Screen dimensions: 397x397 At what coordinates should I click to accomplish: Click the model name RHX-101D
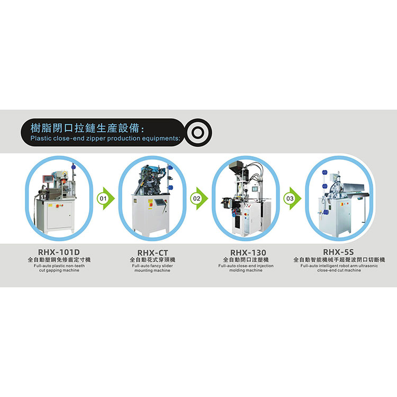59,252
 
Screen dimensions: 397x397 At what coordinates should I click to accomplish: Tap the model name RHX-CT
152,252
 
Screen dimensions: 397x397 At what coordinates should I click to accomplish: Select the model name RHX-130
248,252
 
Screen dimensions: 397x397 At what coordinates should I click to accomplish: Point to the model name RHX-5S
339,252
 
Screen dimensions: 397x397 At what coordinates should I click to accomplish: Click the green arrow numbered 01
106,198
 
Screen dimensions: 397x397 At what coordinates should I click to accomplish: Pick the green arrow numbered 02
199,198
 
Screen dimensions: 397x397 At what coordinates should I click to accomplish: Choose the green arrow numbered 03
292,198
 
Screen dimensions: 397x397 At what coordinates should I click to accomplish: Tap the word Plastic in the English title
41,138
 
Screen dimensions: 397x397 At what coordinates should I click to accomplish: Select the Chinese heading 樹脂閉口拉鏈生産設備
85,128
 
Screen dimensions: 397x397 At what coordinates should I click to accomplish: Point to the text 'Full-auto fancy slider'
152,266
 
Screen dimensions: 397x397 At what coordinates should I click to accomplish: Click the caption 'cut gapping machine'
59,270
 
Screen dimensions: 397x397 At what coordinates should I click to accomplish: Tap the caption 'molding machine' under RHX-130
246,270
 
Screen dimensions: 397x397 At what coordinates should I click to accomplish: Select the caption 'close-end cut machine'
339,270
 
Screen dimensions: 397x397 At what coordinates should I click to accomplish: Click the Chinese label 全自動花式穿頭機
152,259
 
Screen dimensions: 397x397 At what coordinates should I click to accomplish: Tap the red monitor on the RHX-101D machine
48,178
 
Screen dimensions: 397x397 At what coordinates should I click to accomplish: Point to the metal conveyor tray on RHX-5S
353,187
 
